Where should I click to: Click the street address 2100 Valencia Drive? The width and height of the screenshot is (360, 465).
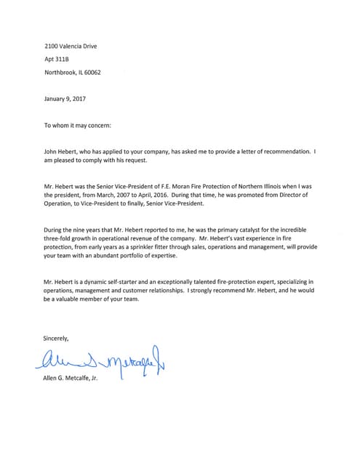71,46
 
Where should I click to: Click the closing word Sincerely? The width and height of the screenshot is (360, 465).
57,339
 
